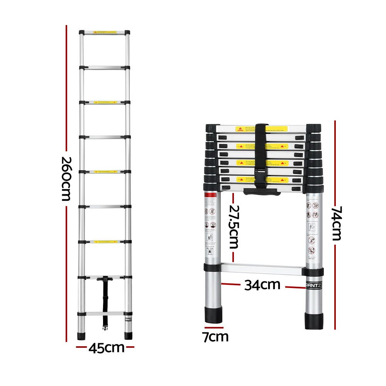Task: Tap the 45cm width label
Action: click(106, 348)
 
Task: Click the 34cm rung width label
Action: click(262, 285)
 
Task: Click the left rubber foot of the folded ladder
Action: click(214, 314)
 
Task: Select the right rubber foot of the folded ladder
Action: click(314, 320)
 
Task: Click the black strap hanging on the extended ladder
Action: click(105, 301)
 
